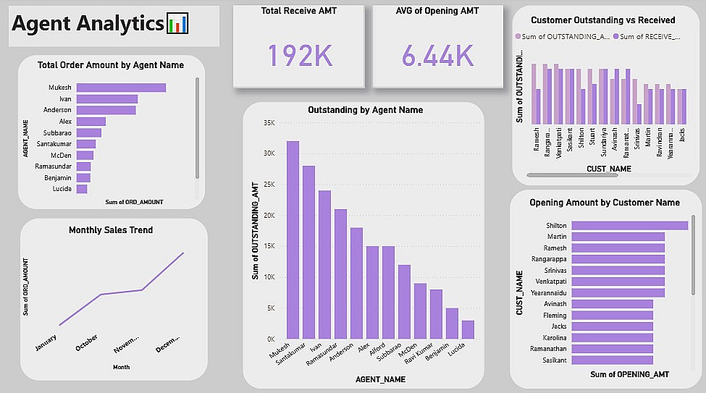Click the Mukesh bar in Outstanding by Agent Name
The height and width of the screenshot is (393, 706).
tap(293, 240)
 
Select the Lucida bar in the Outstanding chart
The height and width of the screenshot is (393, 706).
tap(468, 329)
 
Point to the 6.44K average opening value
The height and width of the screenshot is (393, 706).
tap(437, 55)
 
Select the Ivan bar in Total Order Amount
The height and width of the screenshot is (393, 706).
tap(107, 99)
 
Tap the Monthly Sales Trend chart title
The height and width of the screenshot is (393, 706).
tap(111, 230)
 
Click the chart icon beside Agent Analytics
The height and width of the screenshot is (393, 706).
tap(178, 24)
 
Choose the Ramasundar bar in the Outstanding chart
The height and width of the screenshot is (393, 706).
tap(340, 274)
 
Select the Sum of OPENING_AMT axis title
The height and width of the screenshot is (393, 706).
tap(629, 374)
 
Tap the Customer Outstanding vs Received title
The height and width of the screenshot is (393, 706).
tap(602, 20)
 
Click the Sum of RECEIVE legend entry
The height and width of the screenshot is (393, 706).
tap(647, 36)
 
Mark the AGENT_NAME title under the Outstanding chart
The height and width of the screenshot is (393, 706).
tap(381, 379)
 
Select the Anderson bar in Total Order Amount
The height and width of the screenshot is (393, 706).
tap(106, 110)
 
